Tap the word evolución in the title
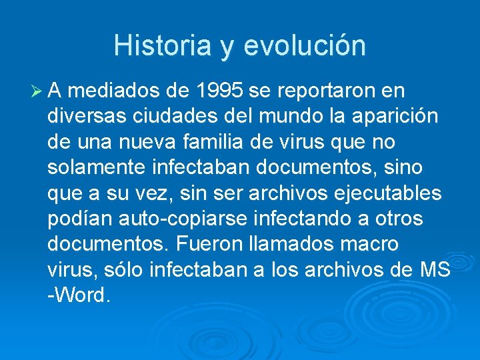[305, 45]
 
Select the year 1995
[215, 91]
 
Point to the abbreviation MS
[435, 270]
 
